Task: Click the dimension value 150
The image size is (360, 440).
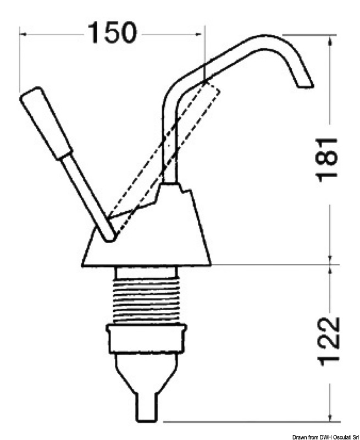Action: click(x=112, y=34)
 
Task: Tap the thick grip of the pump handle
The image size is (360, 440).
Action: click(x=46, y=123)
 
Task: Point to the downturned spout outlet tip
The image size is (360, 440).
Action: click(x=305, y=83)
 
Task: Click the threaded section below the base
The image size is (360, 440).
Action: click(x=146, y=300)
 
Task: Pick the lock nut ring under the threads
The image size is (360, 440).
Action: click(x=146, y=338)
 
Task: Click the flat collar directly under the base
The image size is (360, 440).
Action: click(x=146, y=273)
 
